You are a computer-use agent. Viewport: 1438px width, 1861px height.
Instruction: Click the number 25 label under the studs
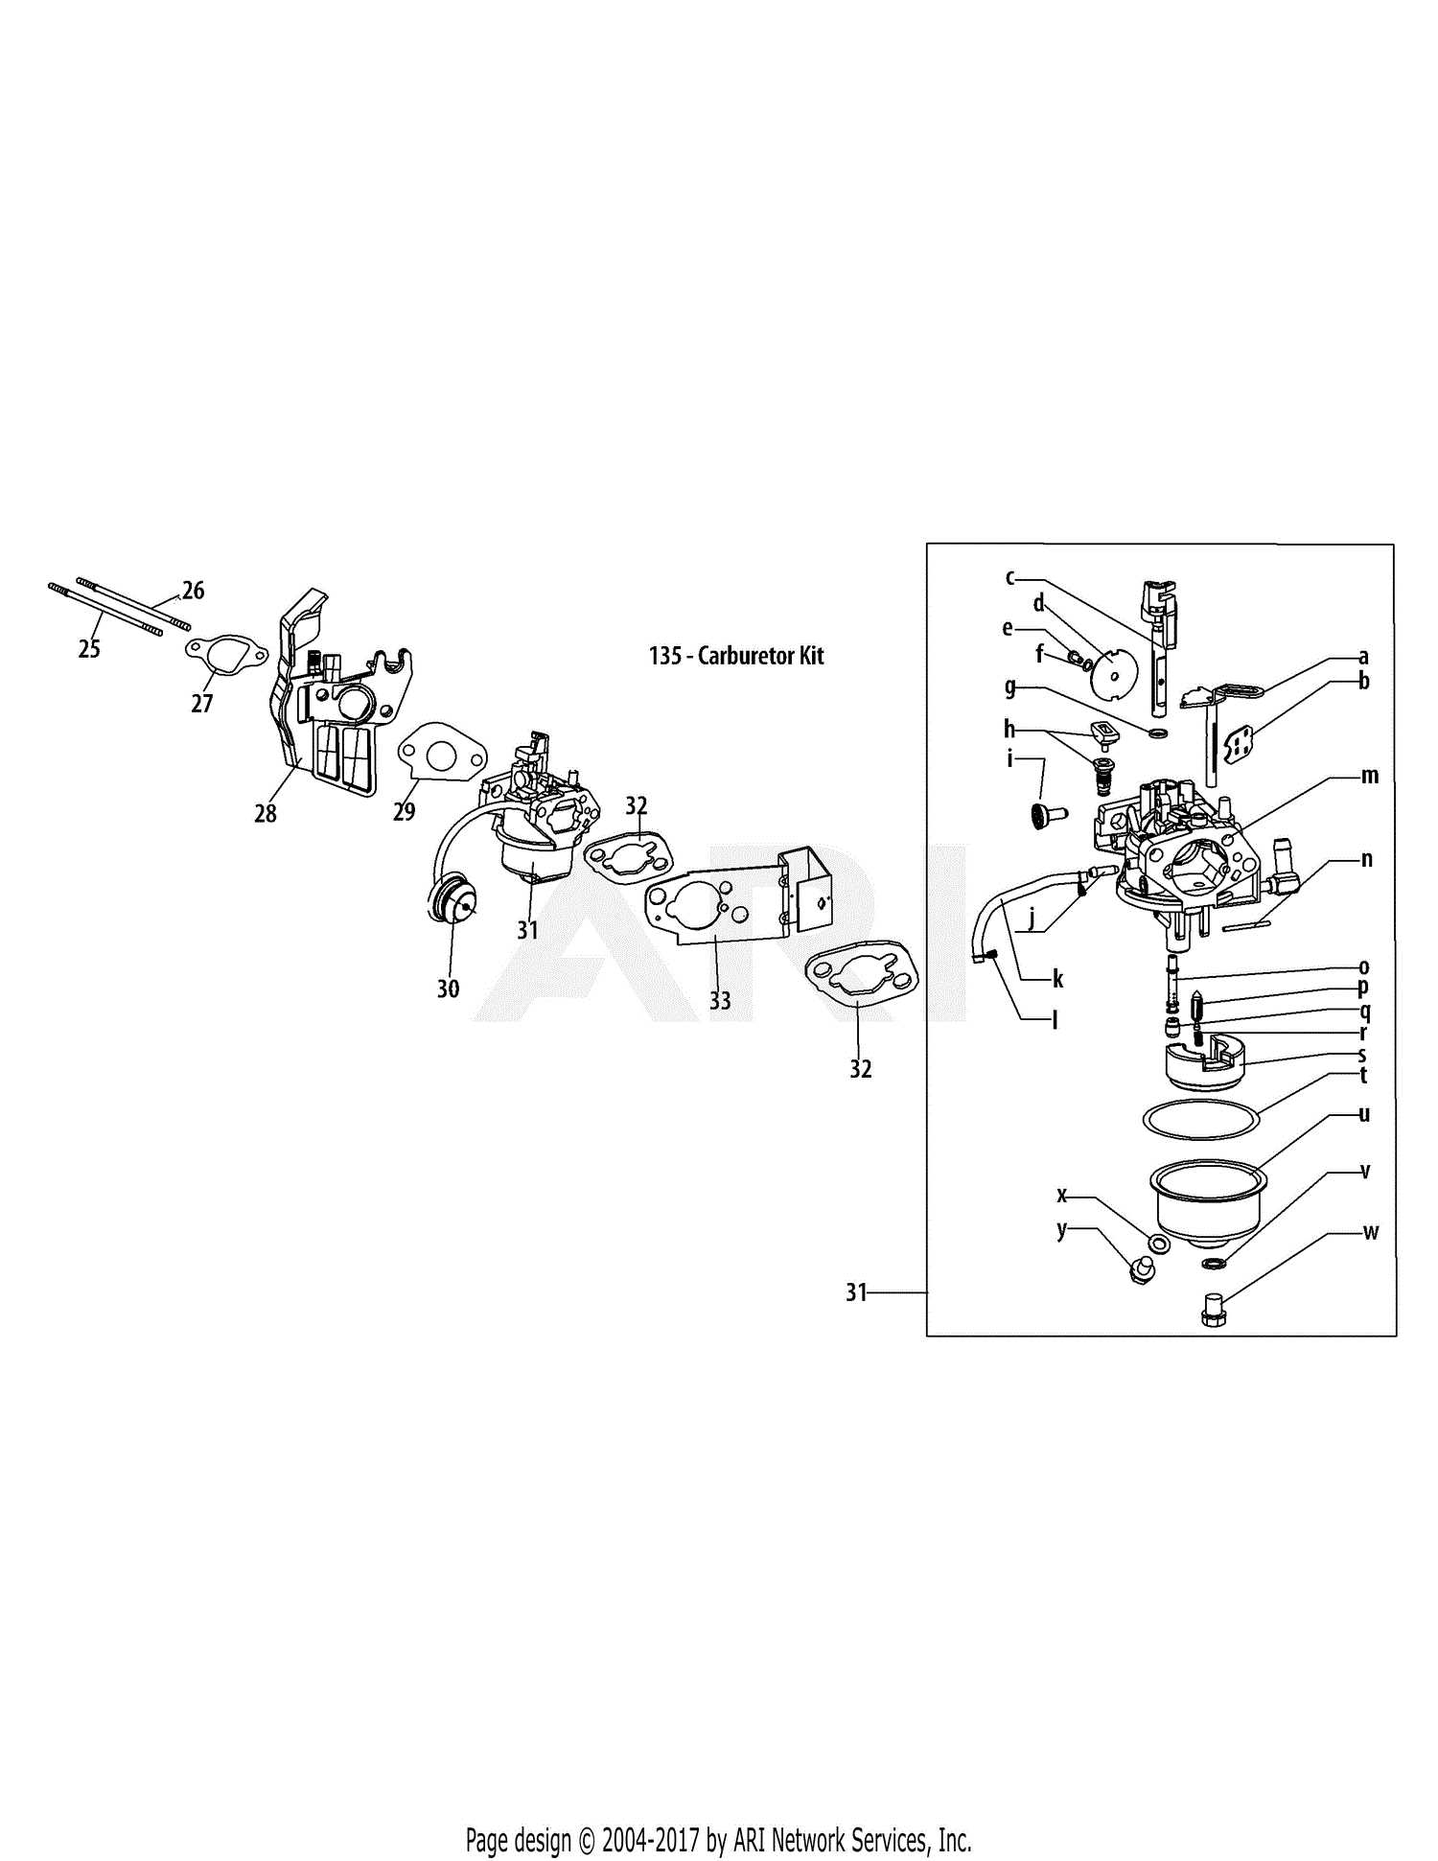(x=88, y=649)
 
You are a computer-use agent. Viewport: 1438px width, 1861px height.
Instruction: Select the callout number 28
(x=266, y=813)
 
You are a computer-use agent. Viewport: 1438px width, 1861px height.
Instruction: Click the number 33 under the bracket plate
(x=720, y=1001)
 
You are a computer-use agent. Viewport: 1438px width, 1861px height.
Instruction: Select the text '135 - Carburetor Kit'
(x=736, y=656)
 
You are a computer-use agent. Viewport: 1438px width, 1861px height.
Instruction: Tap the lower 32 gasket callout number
(x=860, y=1069)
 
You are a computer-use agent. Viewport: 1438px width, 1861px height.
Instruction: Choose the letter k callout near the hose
(x=1057, y=979)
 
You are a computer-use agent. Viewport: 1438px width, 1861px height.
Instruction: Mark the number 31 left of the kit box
(x=856, y=1292)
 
